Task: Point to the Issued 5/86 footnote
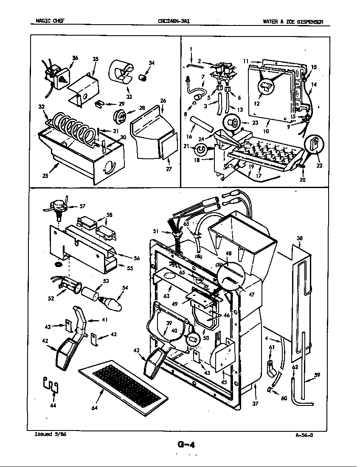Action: point(50,434)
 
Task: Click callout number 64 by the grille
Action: point(94,408)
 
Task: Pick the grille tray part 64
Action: point(123,387)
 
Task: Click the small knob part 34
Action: point(143,78)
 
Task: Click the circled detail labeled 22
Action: point(315,145)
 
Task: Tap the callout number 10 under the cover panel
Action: point(266,131)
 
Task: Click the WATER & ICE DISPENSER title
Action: point(293,21)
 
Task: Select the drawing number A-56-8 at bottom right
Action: point(304,434)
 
